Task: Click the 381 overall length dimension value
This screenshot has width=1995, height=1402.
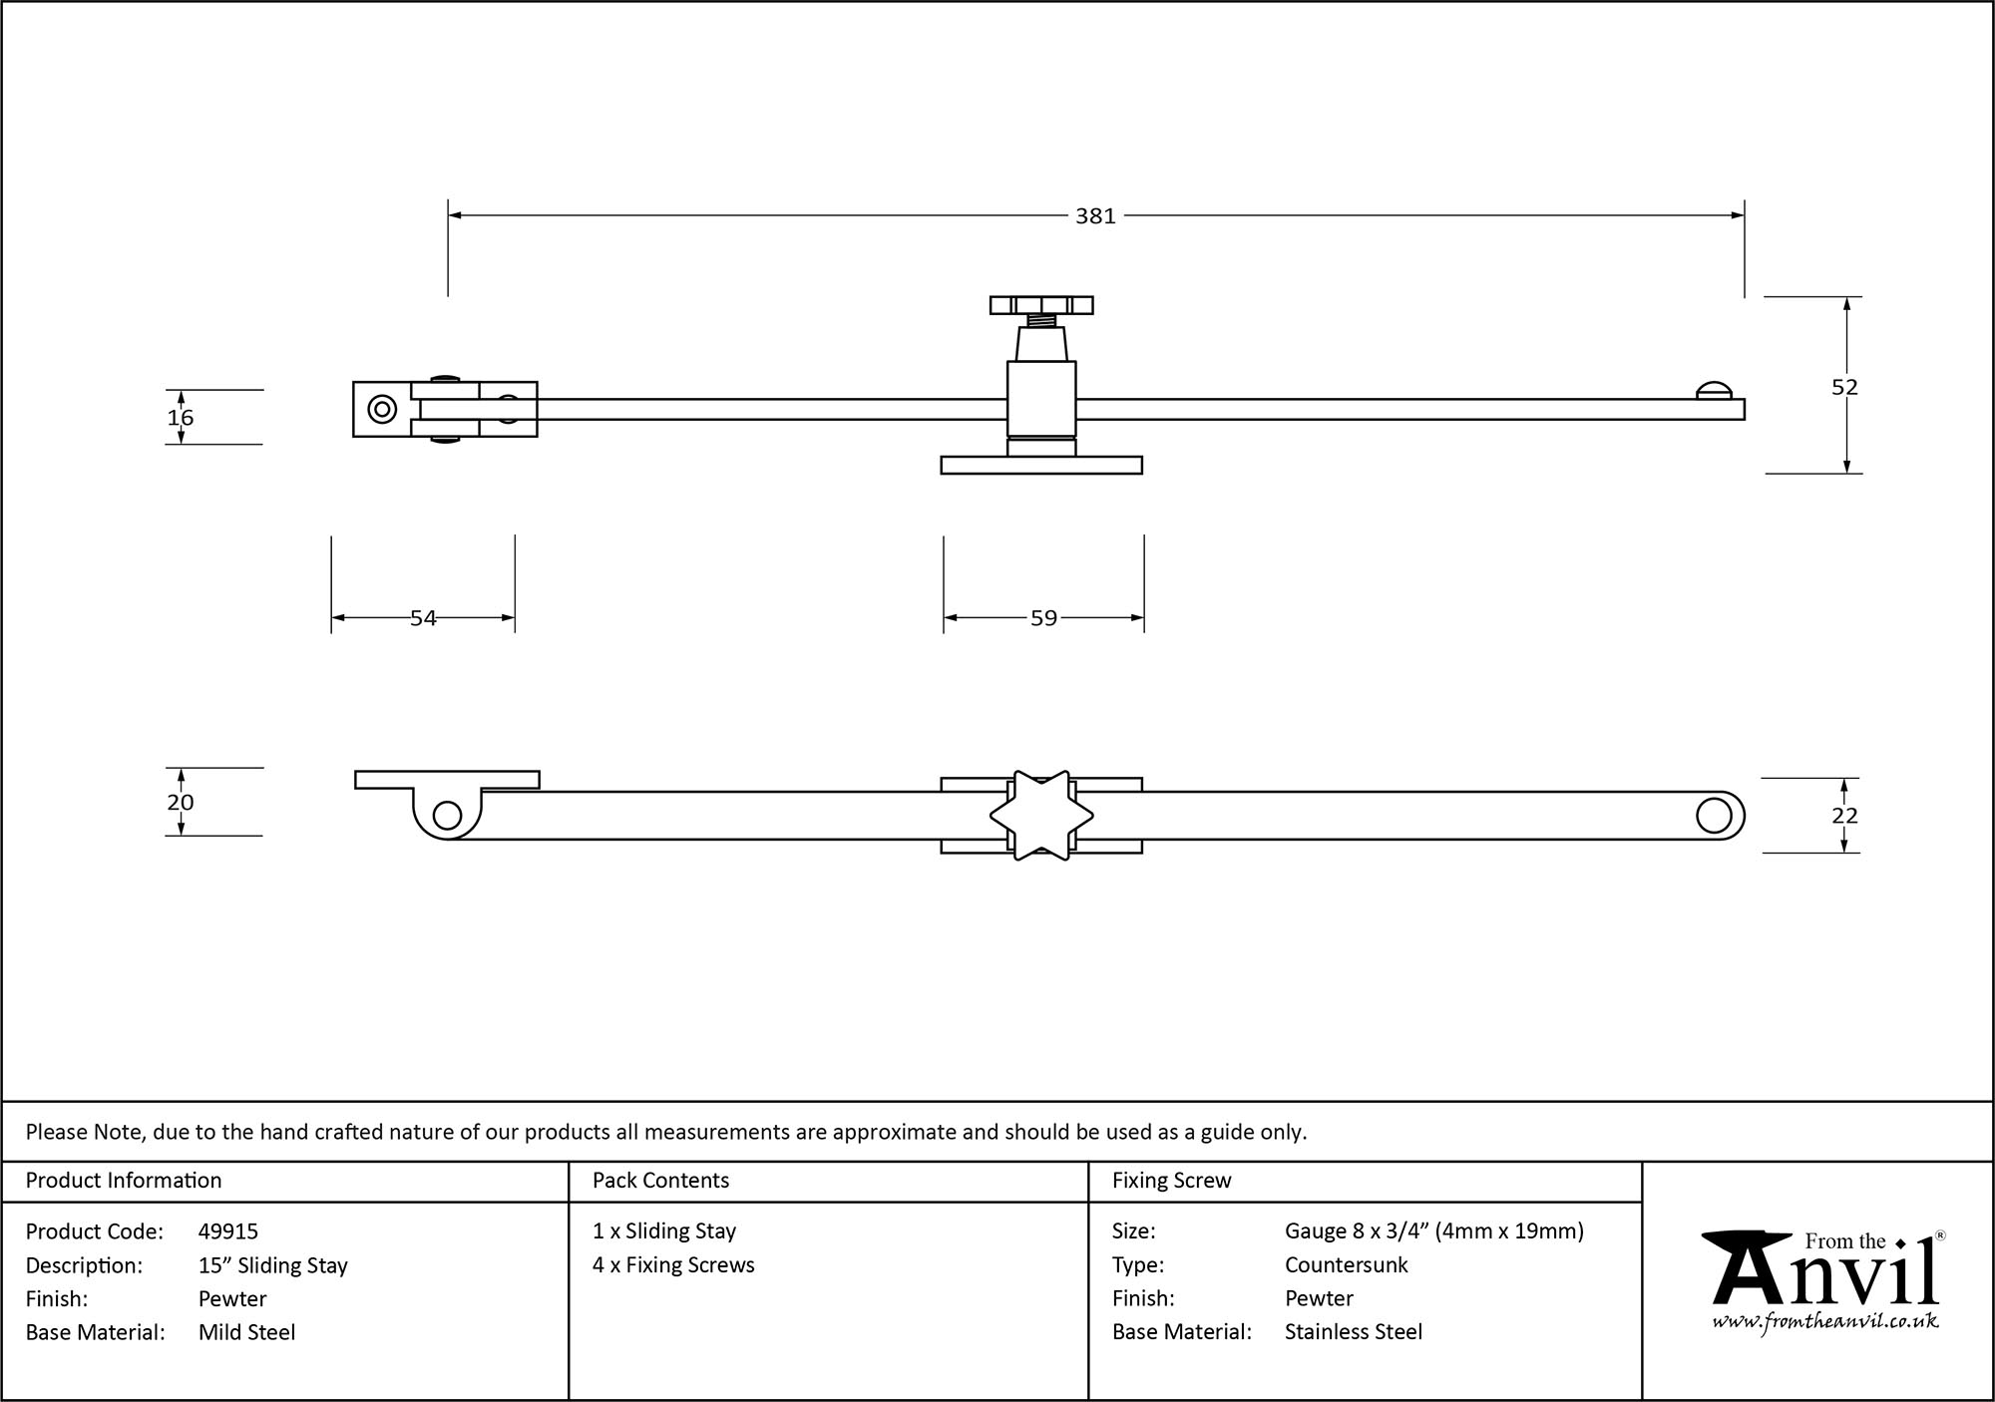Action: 1094,216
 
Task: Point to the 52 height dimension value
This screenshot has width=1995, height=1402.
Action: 1844,387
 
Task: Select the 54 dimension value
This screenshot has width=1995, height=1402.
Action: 423,618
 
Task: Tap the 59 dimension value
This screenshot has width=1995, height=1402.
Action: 1043,618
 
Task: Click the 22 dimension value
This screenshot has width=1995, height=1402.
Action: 1844,816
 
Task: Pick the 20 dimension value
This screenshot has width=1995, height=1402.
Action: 181,803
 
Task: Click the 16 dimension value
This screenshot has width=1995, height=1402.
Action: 181,418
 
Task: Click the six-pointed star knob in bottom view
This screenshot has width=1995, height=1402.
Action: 1041,816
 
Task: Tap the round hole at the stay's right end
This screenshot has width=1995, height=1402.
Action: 1714,816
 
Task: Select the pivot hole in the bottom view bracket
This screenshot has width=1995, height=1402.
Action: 448,817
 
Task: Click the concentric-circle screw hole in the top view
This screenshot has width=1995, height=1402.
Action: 381,409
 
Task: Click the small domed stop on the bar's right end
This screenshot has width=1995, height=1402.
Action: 1714,391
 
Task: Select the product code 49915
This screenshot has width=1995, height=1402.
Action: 228,1231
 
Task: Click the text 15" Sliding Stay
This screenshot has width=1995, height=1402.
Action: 273,1265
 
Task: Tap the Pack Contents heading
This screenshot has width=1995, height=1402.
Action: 660,1181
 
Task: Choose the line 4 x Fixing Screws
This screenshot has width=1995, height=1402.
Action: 673,1264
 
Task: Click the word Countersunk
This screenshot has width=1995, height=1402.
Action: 1346,1264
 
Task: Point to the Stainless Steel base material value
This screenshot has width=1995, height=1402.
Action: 1354,1331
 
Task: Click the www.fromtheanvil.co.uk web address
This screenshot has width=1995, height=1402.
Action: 1825,1322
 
